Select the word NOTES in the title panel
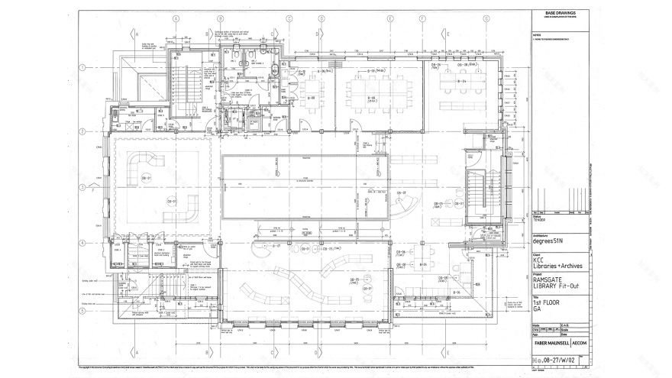coord(537,33)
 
